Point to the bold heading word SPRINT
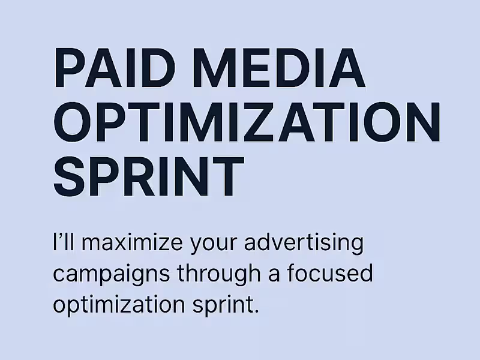click(149, 178)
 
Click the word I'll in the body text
click(68, 245)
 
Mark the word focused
click(329, 274)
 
